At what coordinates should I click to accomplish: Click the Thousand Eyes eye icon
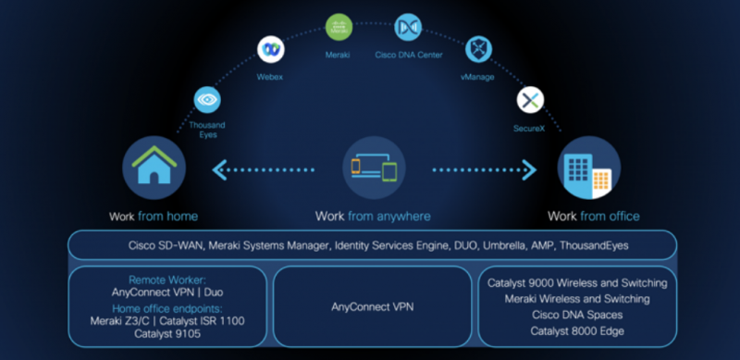pyautogui.click(x=207, y=98)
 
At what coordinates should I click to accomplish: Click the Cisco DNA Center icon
pyautogui.click(x=407, y=27)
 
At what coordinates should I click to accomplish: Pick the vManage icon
pyautogui.click(x=477, y=49)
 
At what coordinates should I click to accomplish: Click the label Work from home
pyautogui.click(x=153, y=217)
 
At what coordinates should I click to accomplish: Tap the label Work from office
pyautogui.click(x=593, y=217)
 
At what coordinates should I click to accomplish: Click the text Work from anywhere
pyautogui.click(x=373, y=217)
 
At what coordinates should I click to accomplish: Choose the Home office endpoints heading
pyautogui.click(x=168, y=308)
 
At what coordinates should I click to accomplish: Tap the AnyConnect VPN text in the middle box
pyautogui.click(x=373, y=305)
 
